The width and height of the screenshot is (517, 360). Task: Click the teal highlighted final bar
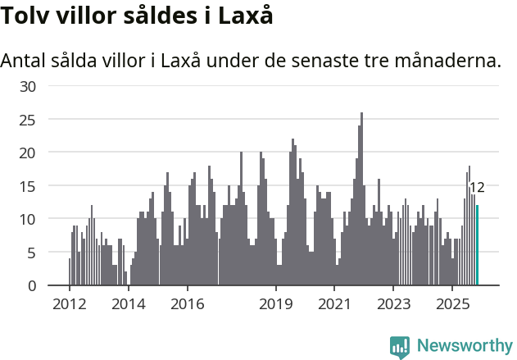click(x=478, y=246)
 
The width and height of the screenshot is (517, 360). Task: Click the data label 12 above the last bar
click(x=477, y=187)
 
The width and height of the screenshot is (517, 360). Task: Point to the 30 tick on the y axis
click(x=27, y=86)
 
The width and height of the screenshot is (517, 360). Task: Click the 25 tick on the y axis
click(x=27, y=120)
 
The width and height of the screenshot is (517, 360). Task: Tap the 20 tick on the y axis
click(x=27, y=153)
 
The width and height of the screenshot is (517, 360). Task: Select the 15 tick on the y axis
click(x=27, y=186)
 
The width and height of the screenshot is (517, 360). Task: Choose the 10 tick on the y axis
click(x=27, y=219)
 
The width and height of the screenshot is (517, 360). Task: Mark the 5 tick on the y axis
click(x=31, y=253)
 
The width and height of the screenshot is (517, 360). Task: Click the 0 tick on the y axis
click(x=31, y=285)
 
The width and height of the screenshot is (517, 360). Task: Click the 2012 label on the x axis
click(x=69, y=303)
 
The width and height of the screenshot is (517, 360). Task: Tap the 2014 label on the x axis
click(x=128, y=303)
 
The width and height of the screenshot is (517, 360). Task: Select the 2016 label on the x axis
click(x=188, y=303)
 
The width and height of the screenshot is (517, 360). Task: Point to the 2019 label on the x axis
click(x=276, y=303)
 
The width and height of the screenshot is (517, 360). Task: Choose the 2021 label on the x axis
click(x=334, y=303)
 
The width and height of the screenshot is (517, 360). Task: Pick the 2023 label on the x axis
click(x=393, y=303)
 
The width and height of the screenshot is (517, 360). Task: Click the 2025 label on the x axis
click(x=452, y=303)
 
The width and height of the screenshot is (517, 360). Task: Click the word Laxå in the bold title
click(x=245, y=16)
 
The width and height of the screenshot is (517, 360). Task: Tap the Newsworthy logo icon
click(x=400, y=347)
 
